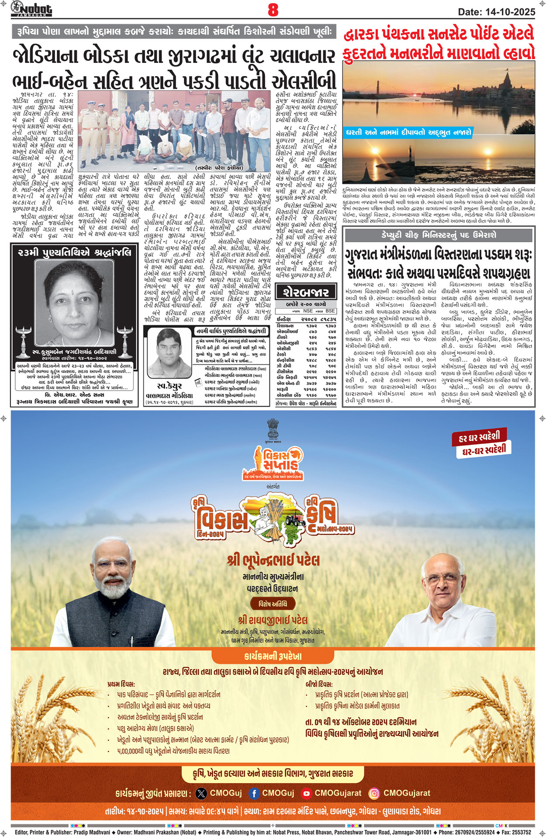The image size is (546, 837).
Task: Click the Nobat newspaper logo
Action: point(31,9)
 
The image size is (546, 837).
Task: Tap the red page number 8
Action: point(273,10)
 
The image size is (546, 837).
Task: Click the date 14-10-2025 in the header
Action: point(497,12)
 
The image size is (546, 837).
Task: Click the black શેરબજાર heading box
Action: point(306,292)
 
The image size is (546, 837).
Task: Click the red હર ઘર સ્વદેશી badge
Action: point(480,437)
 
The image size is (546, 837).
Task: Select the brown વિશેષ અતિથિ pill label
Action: point(273,604)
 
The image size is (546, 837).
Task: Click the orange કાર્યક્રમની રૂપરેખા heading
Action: point(273,656)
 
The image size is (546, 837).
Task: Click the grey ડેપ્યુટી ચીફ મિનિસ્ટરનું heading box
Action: point(438,235)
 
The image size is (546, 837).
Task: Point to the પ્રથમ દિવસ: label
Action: point(121,684)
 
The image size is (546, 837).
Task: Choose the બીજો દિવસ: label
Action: point(319,684)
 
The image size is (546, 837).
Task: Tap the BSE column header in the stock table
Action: point(330,311)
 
